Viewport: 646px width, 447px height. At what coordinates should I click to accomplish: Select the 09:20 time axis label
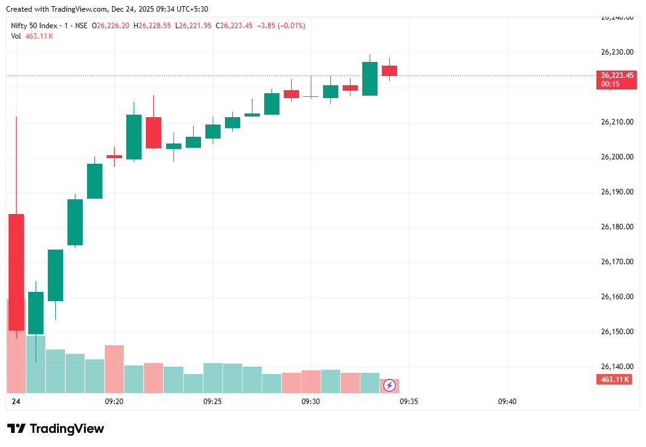[114, 402]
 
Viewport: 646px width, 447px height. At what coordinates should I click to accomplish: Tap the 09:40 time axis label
[507, 402]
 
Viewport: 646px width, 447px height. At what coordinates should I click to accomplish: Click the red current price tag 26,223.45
[616, 75]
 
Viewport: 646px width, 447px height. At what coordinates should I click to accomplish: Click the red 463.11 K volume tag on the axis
[615, 380]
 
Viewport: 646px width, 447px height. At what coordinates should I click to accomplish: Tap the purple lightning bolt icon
[389, 386]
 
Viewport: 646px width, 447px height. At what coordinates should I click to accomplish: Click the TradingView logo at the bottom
[56, 429]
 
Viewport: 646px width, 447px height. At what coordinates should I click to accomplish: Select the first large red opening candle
[17, 272]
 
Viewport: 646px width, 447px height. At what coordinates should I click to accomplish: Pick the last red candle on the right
[389, 71]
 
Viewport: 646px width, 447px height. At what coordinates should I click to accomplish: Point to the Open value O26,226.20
[110, 26]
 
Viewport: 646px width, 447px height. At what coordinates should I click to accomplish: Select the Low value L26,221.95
[193, 26]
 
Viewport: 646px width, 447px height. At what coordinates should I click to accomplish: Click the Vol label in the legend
[15, 36]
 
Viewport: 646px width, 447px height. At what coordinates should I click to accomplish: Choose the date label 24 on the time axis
[16, 402]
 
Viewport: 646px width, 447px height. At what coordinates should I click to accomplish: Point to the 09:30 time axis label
[311, 402]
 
